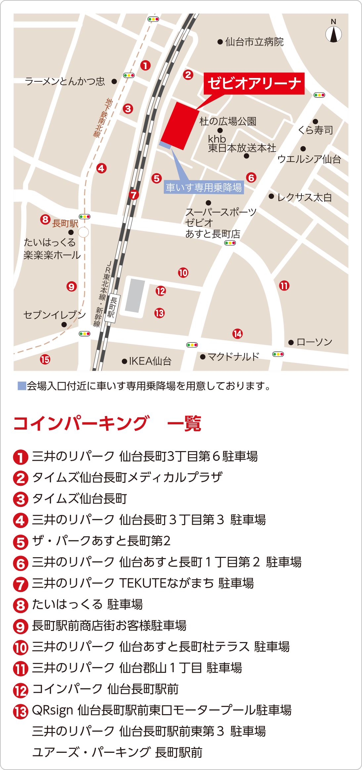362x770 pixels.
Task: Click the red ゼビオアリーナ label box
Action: [x=254, y=83]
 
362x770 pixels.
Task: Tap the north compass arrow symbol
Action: [x=334, y=34]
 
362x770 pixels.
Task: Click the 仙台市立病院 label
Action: [x=254, y=42]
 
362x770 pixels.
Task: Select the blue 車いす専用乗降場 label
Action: [x=204, y=188]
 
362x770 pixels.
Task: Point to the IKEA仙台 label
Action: [x=150, y=361]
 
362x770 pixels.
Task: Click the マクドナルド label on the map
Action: [x=233, y=357]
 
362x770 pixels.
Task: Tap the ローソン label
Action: [x=314, y=342]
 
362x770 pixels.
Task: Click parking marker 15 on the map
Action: [x=45, y=359]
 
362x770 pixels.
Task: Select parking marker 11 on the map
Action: [x=284, y=286]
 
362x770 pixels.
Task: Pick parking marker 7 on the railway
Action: [x=134, y=195]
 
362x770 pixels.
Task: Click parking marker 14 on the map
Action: [x=237, y=334]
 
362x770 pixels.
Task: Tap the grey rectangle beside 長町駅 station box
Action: [x=135, y=295]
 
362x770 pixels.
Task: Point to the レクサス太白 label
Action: [x=304, y=197]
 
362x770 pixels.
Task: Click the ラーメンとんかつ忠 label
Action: [x=65, y=81]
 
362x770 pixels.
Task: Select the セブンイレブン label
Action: [x=55, y=315]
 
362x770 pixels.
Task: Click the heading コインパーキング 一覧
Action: [x=107, y=423]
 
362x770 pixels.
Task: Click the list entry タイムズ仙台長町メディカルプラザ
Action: [x=127, y=478]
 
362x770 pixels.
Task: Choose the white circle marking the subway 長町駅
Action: [x=83, y=232]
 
